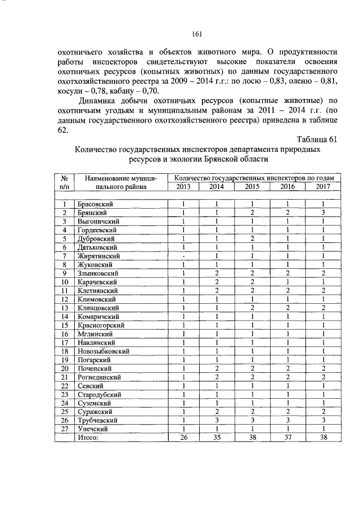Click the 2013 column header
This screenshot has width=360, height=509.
(183, 187)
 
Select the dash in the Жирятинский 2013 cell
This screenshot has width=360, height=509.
(183, 256)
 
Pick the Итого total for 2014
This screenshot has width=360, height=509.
(216, 437)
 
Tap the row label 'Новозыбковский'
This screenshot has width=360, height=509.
(103, 351)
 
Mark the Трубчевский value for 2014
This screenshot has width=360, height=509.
(216, 420)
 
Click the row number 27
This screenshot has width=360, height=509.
(65, 429)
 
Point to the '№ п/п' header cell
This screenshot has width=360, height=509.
(65, 182)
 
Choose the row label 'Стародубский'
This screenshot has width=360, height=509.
(98, 394)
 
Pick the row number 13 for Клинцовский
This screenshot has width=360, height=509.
(65, 308)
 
